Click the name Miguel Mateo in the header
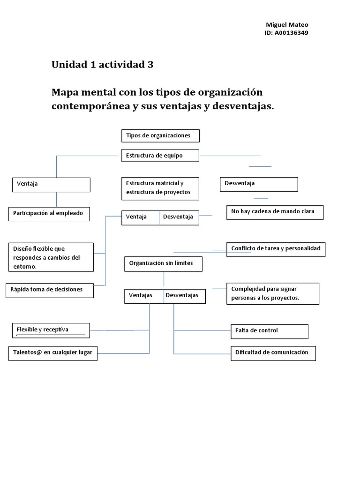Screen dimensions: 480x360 coord(287,25)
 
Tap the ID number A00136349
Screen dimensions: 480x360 coord(286,33)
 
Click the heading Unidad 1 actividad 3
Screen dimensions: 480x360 coord(102,65)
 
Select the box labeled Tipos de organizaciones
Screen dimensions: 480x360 coord(160,135)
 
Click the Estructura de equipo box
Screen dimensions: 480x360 coord(160,155)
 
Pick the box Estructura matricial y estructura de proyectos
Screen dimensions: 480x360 coord(160,188)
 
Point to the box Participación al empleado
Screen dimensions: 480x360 coord(49,214)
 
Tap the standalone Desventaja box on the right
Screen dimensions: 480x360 coord(258,184)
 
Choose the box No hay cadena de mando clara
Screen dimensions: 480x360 coord(274,212)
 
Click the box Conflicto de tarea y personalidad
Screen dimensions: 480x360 coord(276,249)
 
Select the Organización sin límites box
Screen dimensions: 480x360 coord(164,263)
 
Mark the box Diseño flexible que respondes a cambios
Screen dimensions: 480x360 coord(51,257)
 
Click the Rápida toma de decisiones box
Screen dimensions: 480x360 coord(49,290)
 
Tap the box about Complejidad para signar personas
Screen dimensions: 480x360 coord(272,293)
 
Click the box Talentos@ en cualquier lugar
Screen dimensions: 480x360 coord(53,353)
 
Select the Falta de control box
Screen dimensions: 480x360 coord(269,331)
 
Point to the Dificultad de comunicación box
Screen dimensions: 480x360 coord(273,353)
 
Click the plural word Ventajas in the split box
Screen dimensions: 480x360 coord(141,295)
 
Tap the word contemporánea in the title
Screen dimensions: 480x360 coord(91,106)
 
